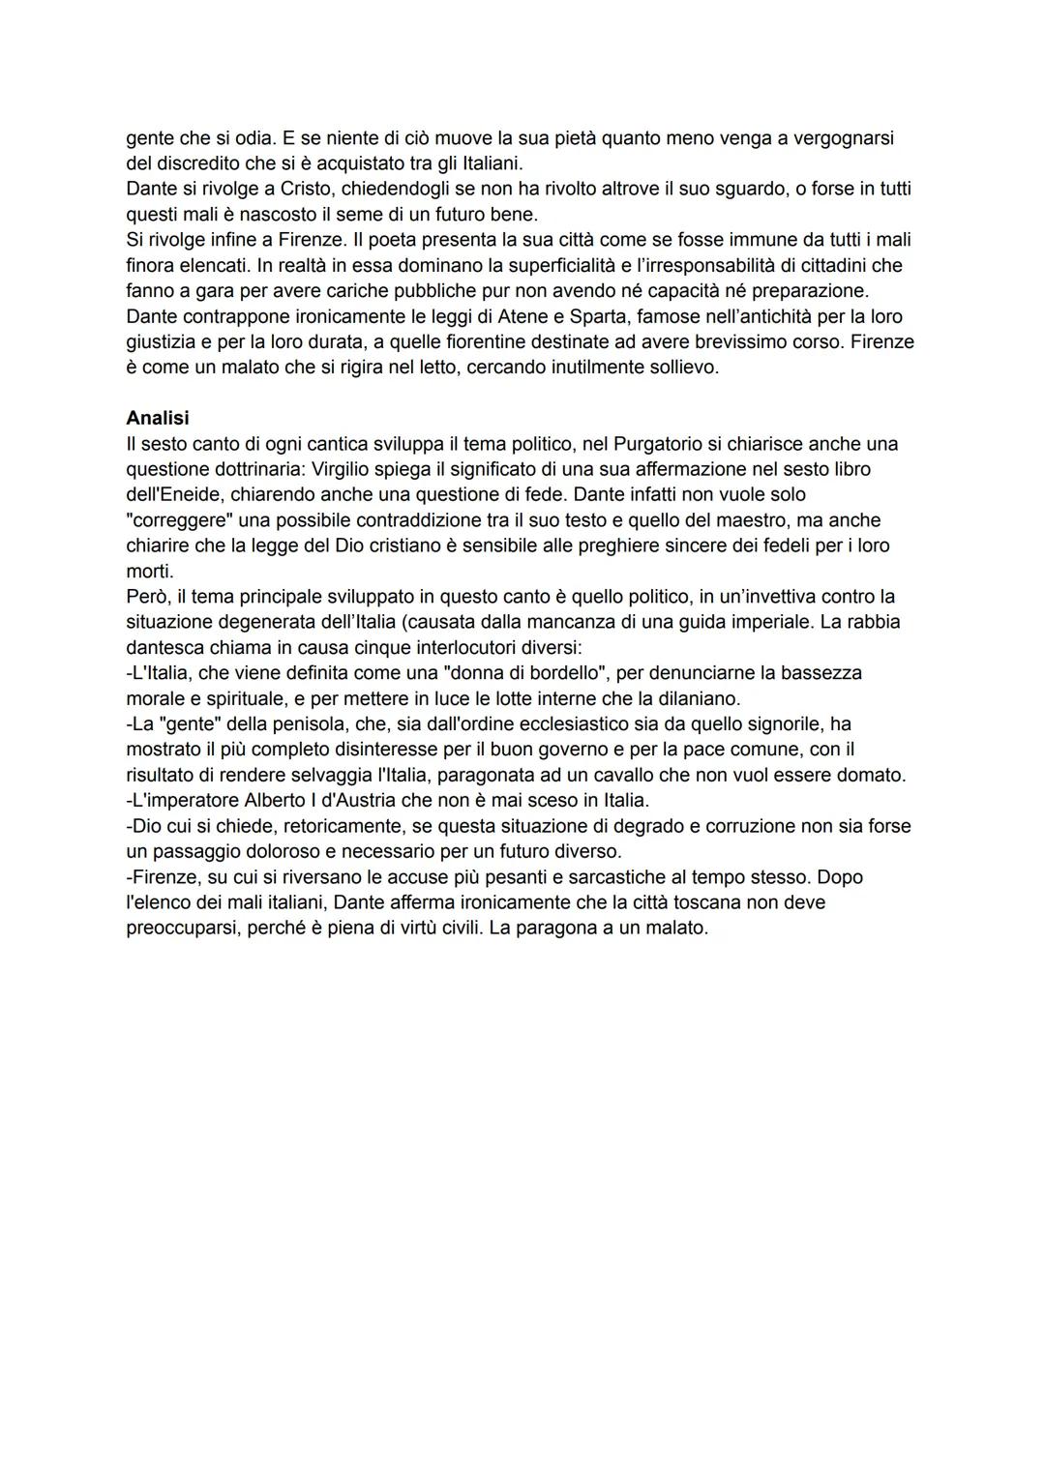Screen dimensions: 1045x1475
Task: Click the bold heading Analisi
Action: [158, 418]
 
